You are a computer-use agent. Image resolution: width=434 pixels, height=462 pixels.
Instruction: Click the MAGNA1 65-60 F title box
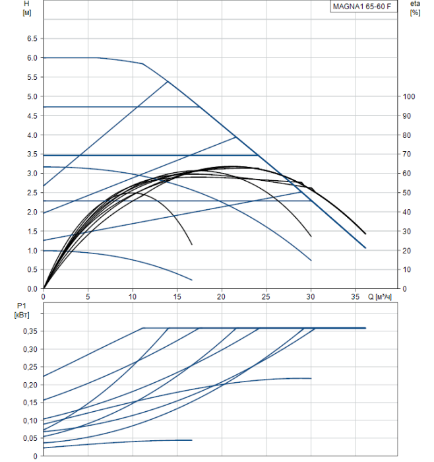click(x=364, y=7)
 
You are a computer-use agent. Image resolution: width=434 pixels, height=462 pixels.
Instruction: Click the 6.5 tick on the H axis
click(x=32, y=38)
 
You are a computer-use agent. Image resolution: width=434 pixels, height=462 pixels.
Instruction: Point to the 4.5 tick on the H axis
click(x=32, y=115)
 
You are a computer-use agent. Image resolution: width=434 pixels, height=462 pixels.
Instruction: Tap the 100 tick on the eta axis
click(x=409, y=96)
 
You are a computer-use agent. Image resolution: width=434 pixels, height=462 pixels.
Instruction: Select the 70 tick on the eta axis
click(x=407, y=154)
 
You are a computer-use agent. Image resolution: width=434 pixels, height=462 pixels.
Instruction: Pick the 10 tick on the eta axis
click(x=407, y=270)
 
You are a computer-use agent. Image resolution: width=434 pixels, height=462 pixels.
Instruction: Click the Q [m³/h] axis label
click(x=385, y=297)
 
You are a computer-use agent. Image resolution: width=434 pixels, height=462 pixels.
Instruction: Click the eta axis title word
click(x=415, y=4)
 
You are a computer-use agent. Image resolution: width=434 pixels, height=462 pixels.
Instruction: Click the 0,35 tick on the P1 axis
click(x=30, y=331)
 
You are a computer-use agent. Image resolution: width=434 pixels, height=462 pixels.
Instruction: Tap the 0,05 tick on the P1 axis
click(x=30, y=438)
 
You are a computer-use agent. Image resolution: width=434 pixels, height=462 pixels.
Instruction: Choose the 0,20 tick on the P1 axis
click(x=30, y=385)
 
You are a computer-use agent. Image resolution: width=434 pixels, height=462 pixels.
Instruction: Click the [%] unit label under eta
click(x=415, y=13)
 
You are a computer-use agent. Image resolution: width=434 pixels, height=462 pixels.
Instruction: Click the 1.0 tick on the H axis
click(x=32, y=251)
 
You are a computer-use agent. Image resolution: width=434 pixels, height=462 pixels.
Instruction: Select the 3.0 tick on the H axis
click(x=32, y=174)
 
